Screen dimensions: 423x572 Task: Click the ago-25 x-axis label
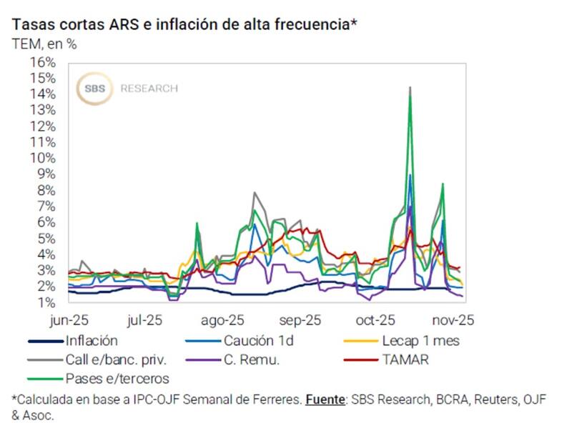click(x=225, y=319)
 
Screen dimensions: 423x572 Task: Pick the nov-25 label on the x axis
click(x=453, y=319)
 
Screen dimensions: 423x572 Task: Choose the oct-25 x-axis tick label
click(x=376, y=319)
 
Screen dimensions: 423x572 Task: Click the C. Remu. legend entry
click(x=255, y=359)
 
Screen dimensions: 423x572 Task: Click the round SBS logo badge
click(x=94, y=89)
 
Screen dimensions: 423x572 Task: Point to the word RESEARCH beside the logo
click(x=149, y=89)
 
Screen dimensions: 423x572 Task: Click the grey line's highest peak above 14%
click(x=410, y=87)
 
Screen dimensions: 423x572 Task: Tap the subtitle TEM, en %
click(x=44, y=43)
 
